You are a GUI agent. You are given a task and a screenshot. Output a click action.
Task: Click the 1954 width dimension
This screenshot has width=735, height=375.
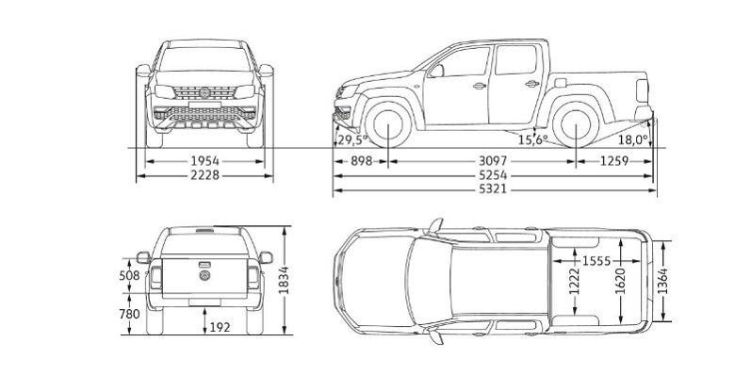click(x=204, y=161)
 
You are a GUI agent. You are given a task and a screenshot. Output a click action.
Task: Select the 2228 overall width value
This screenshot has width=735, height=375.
click(x=204, y=175)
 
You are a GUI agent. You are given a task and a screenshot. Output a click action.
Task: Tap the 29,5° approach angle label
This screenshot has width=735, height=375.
click(x=351, y=140)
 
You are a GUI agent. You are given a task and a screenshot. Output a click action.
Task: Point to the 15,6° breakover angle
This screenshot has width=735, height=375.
click(x=532, y=140)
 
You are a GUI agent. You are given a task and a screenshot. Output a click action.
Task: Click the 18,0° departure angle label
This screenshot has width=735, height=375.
click(x=633, y=140)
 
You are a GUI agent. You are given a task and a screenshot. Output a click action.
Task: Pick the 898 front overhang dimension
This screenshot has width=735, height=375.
click(x=359, y=161)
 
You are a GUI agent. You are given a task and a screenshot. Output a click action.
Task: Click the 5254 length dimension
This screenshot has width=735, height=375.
click(x=493, y=175)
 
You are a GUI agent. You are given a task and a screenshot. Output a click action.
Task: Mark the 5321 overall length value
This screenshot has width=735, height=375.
click(x=493, y=190)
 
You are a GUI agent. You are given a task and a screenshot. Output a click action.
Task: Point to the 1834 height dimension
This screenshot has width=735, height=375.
click(x=284, y=279)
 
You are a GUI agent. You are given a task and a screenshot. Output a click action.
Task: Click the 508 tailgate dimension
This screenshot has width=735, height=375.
click(x=129, y=276)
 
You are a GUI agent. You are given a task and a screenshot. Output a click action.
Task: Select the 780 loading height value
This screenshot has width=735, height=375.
click(x=129, y=314)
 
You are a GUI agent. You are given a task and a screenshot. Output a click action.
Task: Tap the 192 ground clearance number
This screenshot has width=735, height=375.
click(x=219, y=327)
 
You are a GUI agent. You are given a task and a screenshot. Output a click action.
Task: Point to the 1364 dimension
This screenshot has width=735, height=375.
click(x=664, y=279)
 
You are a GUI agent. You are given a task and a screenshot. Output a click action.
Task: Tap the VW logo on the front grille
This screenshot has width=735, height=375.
click(x=204, y=93)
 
